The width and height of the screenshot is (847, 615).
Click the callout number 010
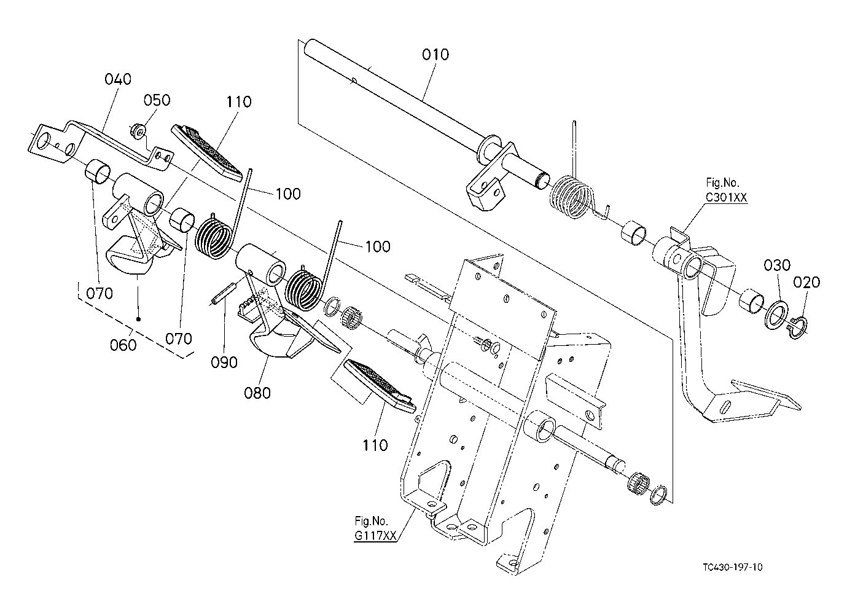point(435,55)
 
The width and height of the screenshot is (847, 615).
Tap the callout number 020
point(806,283)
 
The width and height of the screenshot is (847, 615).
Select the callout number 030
point(777,265)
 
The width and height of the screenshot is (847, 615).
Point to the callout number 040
point(118,79)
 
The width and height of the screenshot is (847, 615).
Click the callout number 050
point(157,100)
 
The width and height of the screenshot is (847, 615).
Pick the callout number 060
point(123,345)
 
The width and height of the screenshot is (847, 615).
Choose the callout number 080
point(257,393)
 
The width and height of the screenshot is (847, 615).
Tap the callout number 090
point(224,362)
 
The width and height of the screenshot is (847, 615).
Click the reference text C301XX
point(727,197)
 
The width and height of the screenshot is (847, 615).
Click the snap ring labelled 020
point(797,328)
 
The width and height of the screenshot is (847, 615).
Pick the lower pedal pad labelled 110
point(380,386)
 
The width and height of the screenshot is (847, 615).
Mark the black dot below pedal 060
point(138,319)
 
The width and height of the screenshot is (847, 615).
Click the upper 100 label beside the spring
point(288,194)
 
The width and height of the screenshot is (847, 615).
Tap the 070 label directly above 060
point(100,294)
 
